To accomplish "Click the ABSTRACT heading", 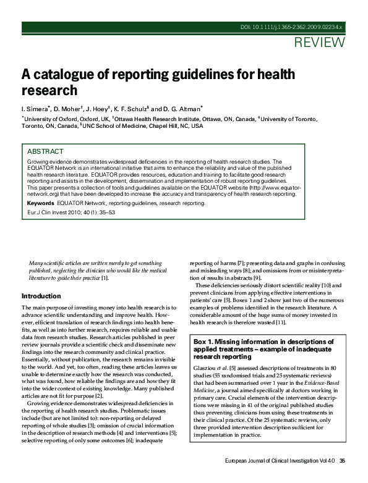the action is [45, 151].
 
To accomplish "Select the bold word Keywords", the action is [40, 203].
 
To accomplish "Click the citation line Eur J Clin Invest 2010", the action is [71, 212].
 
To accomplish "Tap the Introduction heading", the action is [41, 296].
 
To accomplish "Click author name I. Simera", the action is [36, 108].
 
